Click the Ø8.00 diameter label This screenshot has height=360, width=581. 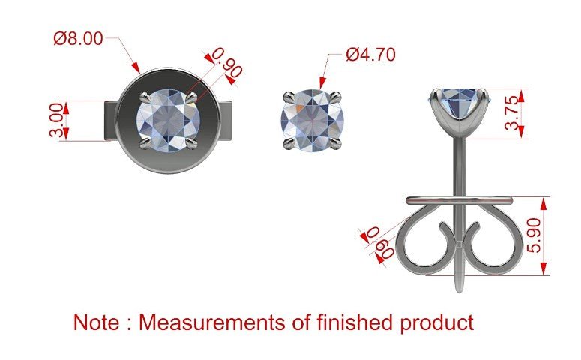coord(78,38)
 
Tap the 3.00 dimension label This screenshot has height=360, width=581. coord(56,121)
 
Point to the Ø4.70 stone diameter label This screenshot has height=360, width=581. coord(370,55)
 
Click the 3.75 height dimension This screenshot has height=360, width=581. coord(512,113)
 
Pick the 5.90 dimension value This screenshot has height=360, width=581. coord(534,235)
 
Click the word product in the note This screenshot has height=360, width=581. coord(436,323)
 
